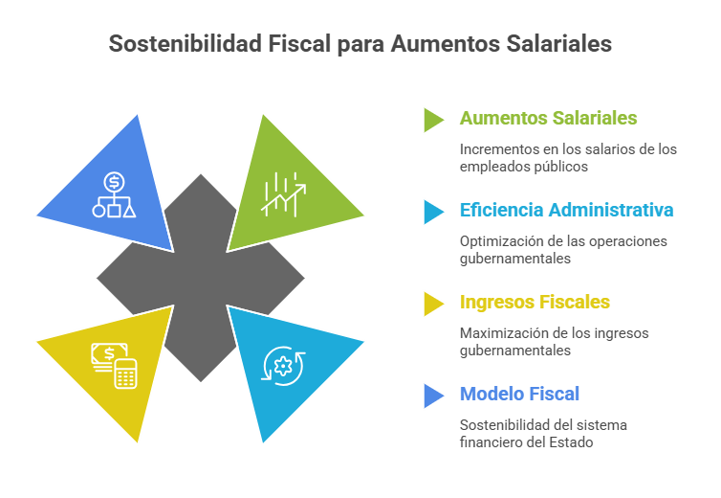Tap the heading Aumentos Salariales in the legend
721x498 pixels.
pyautogui.click(x=548, y=118)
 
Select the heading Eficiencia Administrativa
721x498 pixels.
pyautogui.click(x=566, y=210)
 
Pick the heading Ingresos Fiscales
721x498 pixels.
pyautogui.click(x=535, y=302)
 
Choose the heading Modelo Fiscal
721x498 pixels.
pyautogui.click(x=519, y=394)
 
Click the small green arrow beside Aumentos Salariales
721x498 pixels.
pyautogui.click(x=433, y=119)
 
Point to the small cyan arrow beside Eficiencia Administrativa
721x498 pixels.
pyautogui.click(x=433, y=211)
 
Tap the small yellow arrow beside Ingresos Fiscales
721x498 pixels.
pyautogui.click(x=433, y=303)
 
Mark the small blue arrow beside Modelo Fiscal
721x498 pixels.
pyautogui.click(x=433, y=395)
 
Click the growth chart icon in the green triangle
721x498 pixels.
pyautogui.click(x=285, y=194)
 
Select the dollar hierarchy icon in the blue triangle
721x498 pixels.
pyautogui.click(x=114, y=194)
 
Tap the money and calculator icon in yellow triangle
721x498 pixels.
pyautogui.click(x=114, y=365)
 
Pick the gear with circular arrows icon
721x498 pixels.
pyautogui.click(x=283, y=365)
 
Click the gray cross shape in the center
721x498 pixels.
pyautogui.click(x=201, y=278)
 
